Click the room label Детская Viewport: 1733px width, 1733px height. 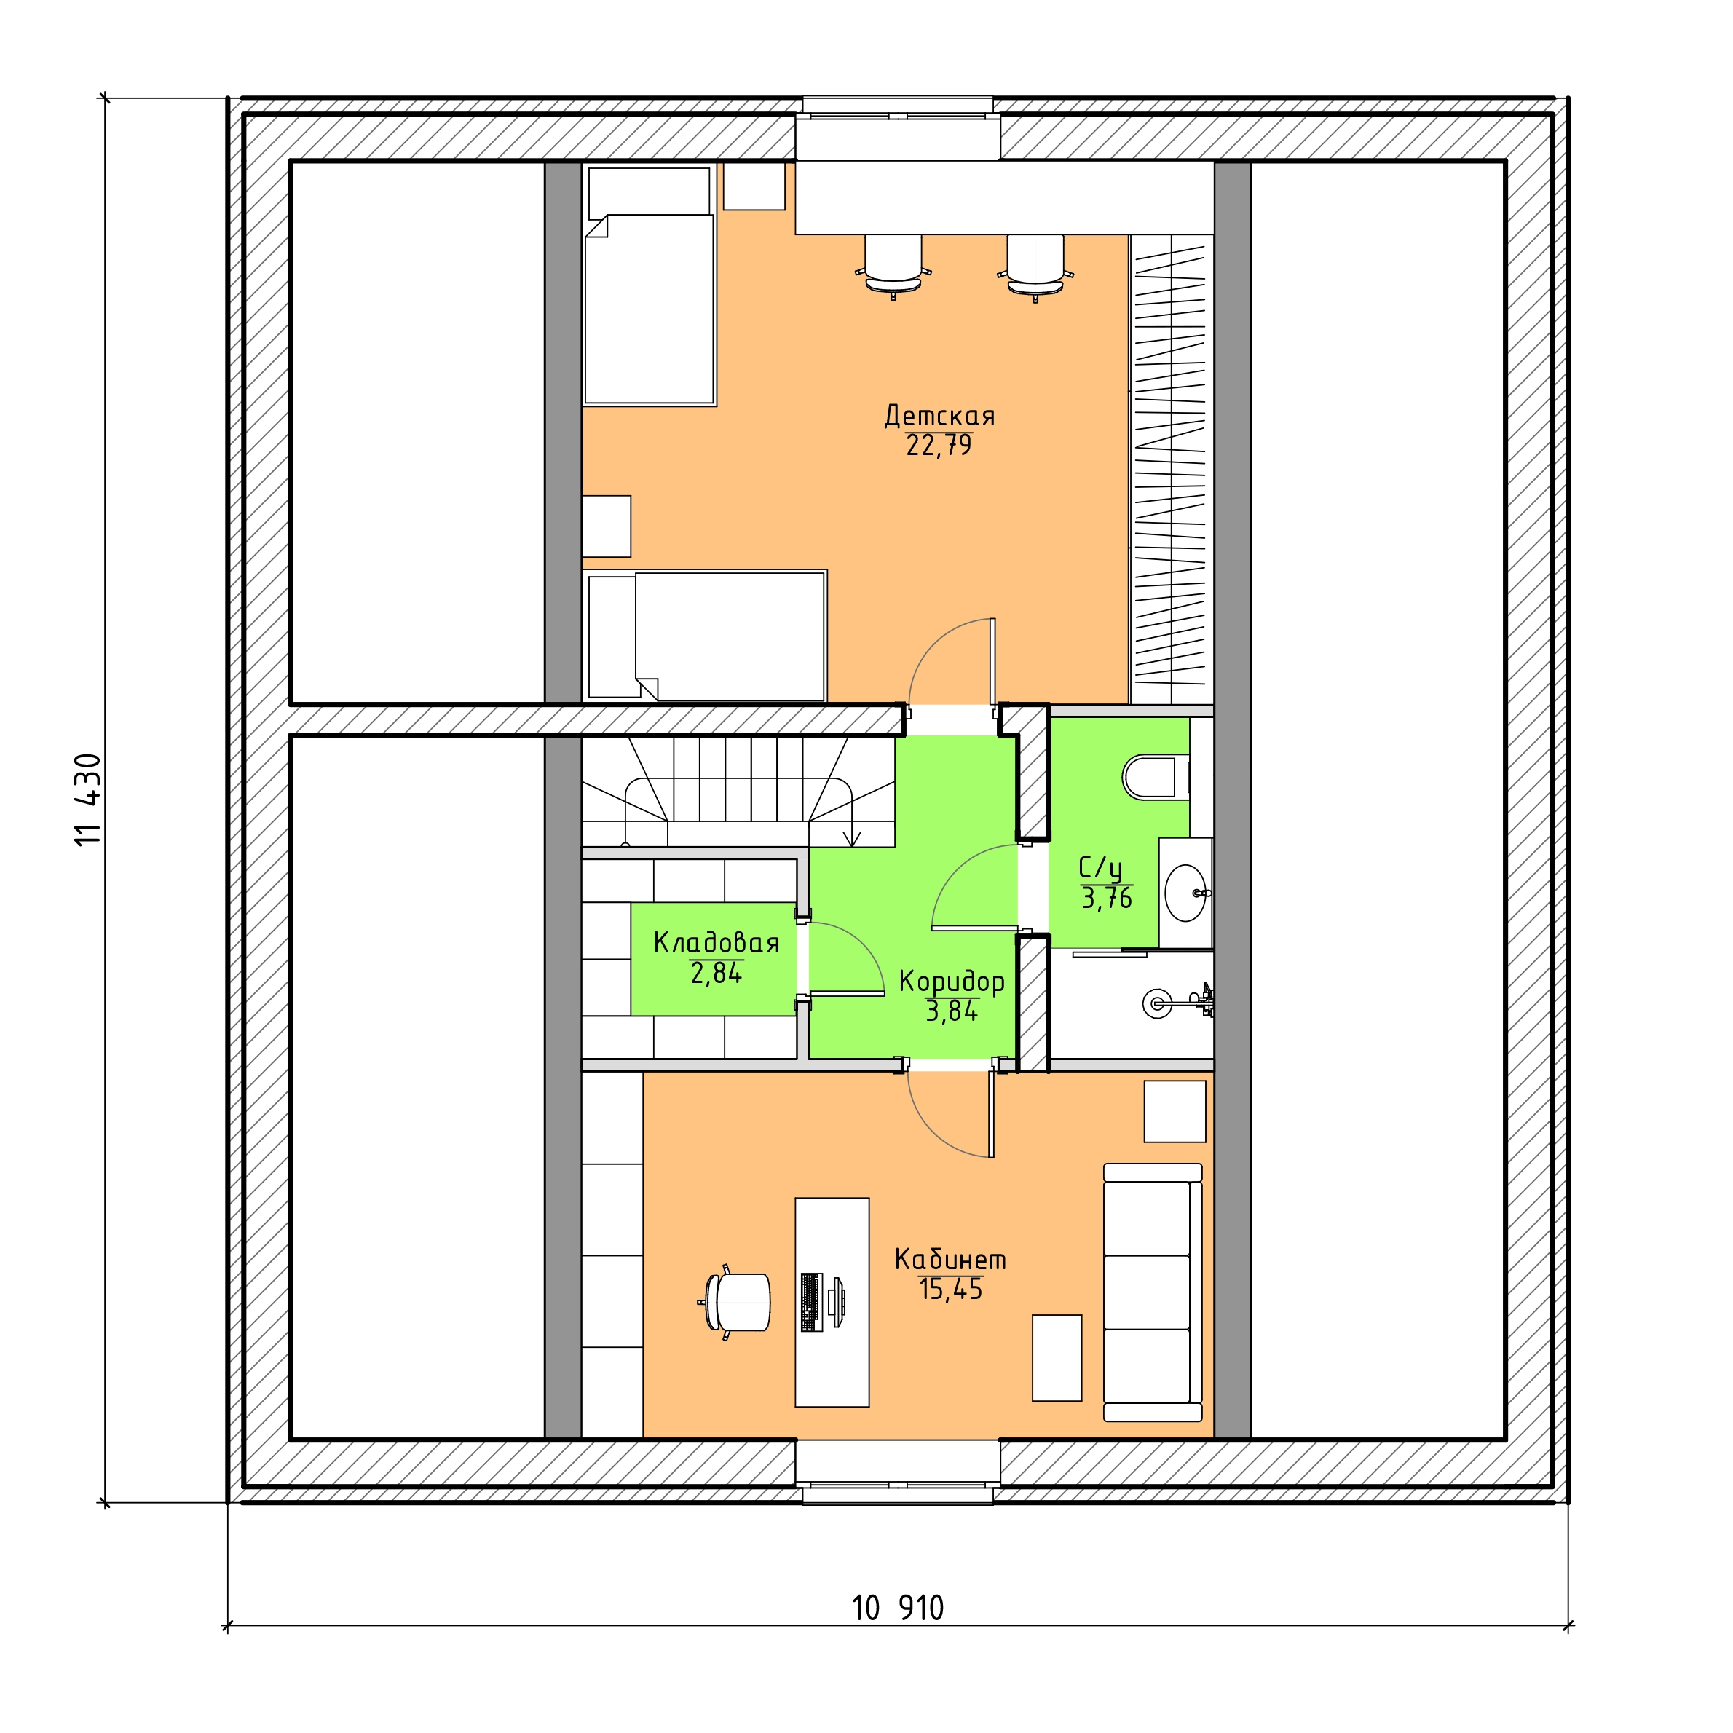(939, 417)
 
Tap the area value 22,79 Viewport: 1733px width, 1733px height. (939, 446)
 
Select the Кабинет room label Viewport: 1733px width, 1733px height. (950, 1260)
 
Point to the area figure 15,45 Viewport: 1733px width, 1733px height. (951, 1290)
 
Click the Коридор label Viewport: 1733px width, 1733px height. (952, 982)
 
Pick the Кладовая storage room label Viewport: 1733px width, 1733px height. (716, 943)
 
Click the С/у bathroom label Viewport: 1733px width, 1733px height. (1101, 868)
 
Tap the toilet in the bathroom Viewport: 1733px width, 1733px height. (1154, 778)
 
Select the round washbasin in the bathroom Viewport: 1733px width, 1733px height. (1186, 893)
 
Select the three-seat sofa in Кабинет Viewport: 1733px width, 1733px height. (1153, 1292)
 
